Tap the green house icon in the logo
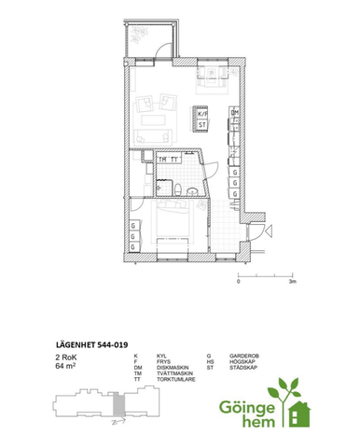click(x=299, y=411)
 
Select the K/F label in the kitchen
click(x=201, y=112)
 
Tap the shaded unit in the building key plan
click(x=117, y=408)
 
